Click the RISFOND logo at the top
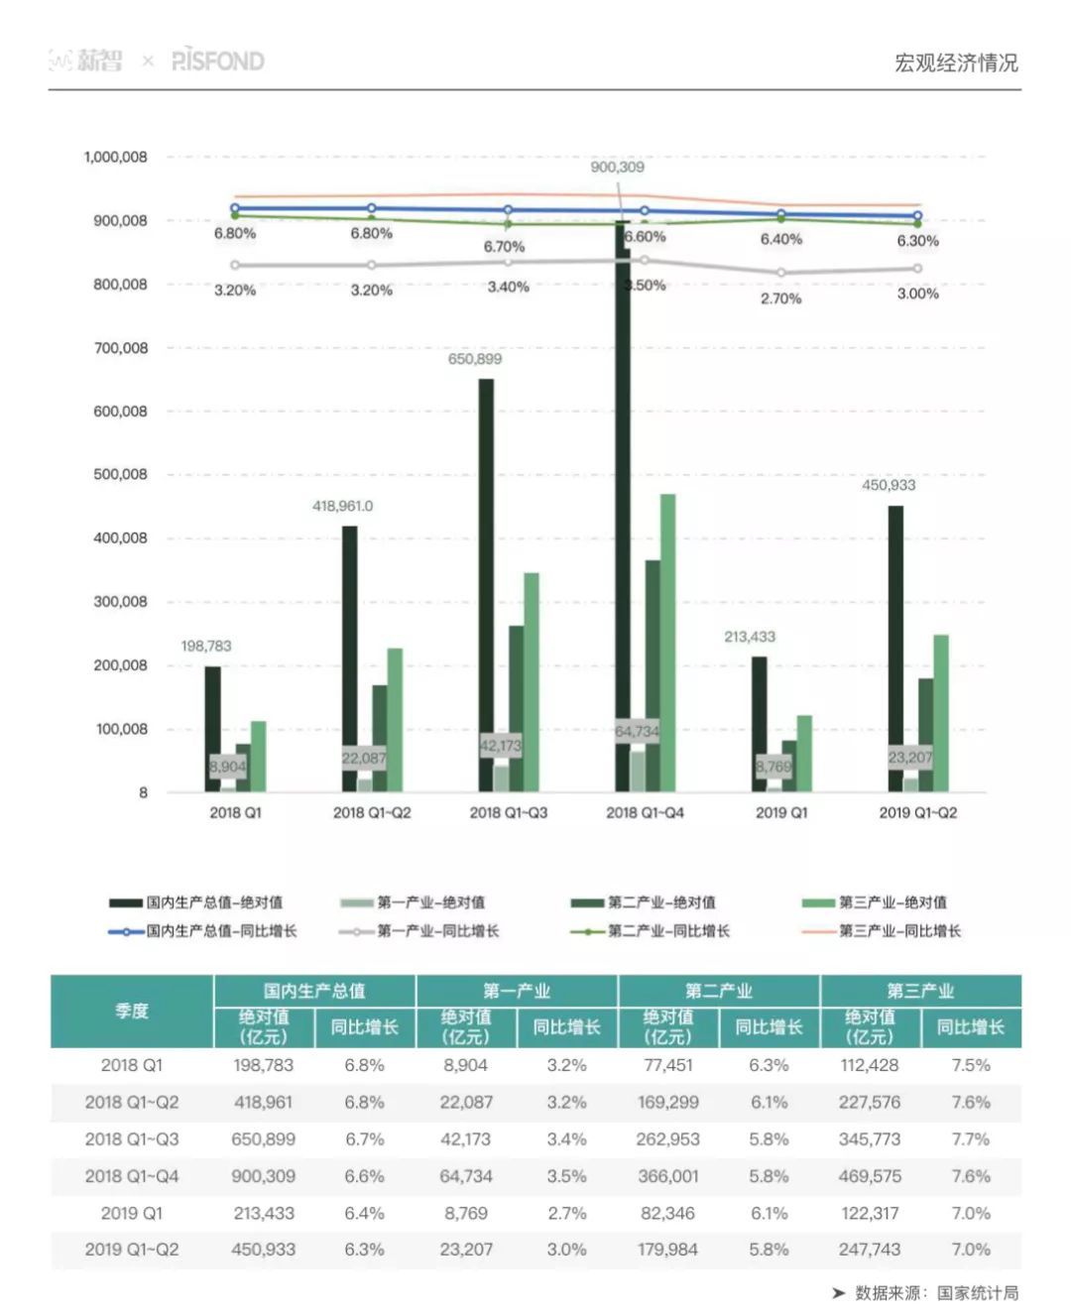pos(218,60)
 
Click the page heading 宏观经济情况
pos(955,62)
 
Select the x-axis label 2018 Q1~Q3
pos(508,812)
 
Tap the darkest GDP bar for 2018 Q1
pos(212,729)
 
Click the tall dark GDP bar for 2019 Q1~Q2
pos(895,649)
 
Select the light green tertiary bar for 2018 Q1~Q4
pos(667,643)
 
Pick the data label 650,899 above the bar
pos(474,359)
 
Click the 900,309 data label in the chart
pos(617,167)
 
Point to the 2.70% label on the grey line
pos(780,298)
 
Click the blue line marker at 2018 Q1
pos(235,209)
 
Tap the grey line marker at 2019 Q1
pos(781,272)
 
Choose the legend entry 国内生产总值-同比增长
pos(203,931)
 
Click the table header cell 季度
pos(132,1011)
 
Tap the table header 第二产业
pos(719,991)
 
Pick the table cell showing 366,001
pos(667,1176)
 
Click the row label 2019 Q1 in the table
pos(132,1213)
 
